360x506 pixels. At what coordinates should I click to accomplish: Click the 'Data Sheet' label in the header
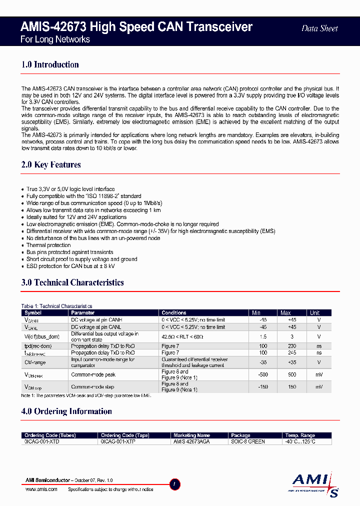[x=319, y=28]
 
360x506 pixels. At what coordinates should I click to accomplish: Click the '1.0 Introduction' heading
[x=50, y=64]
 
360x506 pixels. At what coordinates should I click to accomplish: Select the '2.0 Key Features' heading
[x=51, y=164]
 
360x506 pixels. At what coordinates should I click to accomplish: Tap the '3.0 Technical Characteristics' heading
[x=72, y=282]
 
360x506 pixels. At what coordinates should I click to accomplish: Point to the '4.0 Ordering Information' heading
[x=66, y=411]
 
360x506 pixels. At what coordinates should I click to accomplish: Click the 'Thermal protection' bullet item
[x=48, y=245]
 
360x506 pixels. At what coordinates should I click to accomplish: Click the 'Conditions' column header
[x=174, y=313]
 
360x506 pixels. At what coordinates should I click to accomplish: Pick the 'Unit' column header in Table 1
[x=314, y=313]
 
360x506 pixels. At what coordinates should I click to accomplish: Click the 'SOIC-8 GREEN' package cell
[x=248, y=442]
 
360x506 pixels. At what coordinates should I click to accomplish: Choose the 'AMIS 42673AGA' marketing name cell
[x=191, y=442]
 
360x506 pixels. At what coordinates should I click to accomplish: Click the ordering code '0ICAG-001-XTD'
[x=42, y=442]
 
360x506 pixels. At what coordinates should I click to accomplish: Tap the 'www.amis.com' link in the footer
[x=41, y=489]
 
